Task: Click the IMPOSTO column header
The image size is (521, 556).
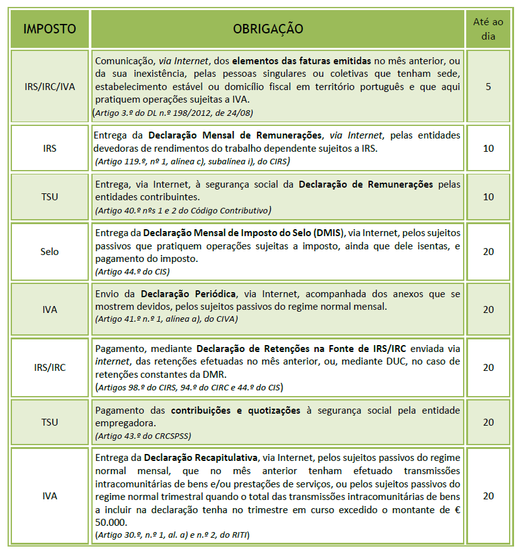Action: tap(49, 28)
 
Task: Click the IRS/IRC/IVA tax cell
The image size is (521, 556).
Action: tap(49, 86)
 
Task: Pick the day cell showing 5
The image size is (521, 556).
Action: tap(488, 86)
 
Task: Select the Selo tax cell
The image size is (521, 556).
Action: tap(49, 251)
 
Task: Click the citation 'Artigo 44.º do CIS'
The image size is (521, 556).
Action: tap(132, 272)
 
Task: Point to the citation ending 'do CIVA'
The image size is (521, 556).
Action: tap(166, 319)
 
